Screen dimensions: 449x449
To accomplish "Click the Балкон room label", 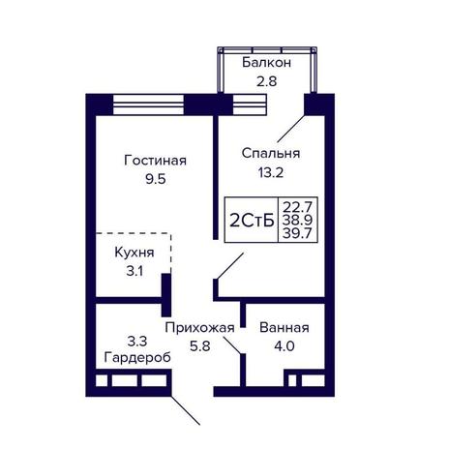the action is [266, 63].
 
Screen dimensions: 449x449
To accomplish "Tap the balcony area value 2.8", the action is [267, 81].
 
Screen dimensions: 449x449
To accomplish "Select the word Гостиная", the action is [155, 161].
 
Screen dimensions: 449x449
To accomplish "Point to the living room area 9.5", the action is [156, 179].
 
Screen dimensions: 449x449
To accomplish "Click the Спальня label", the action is [271, 154].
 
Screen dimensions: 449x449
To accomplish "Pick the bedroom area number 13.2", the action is [270, 173].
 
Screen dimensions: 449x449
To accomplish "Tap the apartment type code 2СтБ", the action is [252, 221].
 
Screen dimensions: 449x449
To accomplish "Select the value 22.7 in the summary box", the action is [297, 206].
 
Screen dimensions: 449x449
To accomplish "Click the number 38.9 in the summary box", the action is [297, 220].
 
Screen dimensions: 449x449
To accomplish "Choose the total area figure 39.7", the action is [297, 233].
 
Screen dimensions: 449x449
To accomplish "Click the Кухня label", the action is [135, 253].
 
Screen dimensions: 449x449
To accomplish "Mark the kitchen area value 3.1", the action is [135, 271].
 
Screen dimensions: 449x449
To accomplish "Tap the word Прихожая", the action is [199, 328].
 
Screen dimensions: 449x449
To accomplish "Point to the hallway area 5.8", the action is [200, 346].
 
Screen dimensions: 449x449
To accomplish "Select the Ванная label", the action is [284, 328].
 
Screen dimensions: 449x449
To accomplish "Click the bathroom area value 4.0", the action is [284, 346].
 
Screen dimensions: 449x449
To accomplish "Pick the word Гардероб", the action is [137, 358].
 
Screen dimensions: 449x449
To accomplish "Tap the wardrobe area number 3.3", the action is [137, 341].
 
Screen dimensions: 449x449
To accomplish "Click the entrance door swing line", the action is [186, 410].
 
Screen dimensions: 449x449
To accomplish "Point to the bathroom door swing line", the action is [232, 344].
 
